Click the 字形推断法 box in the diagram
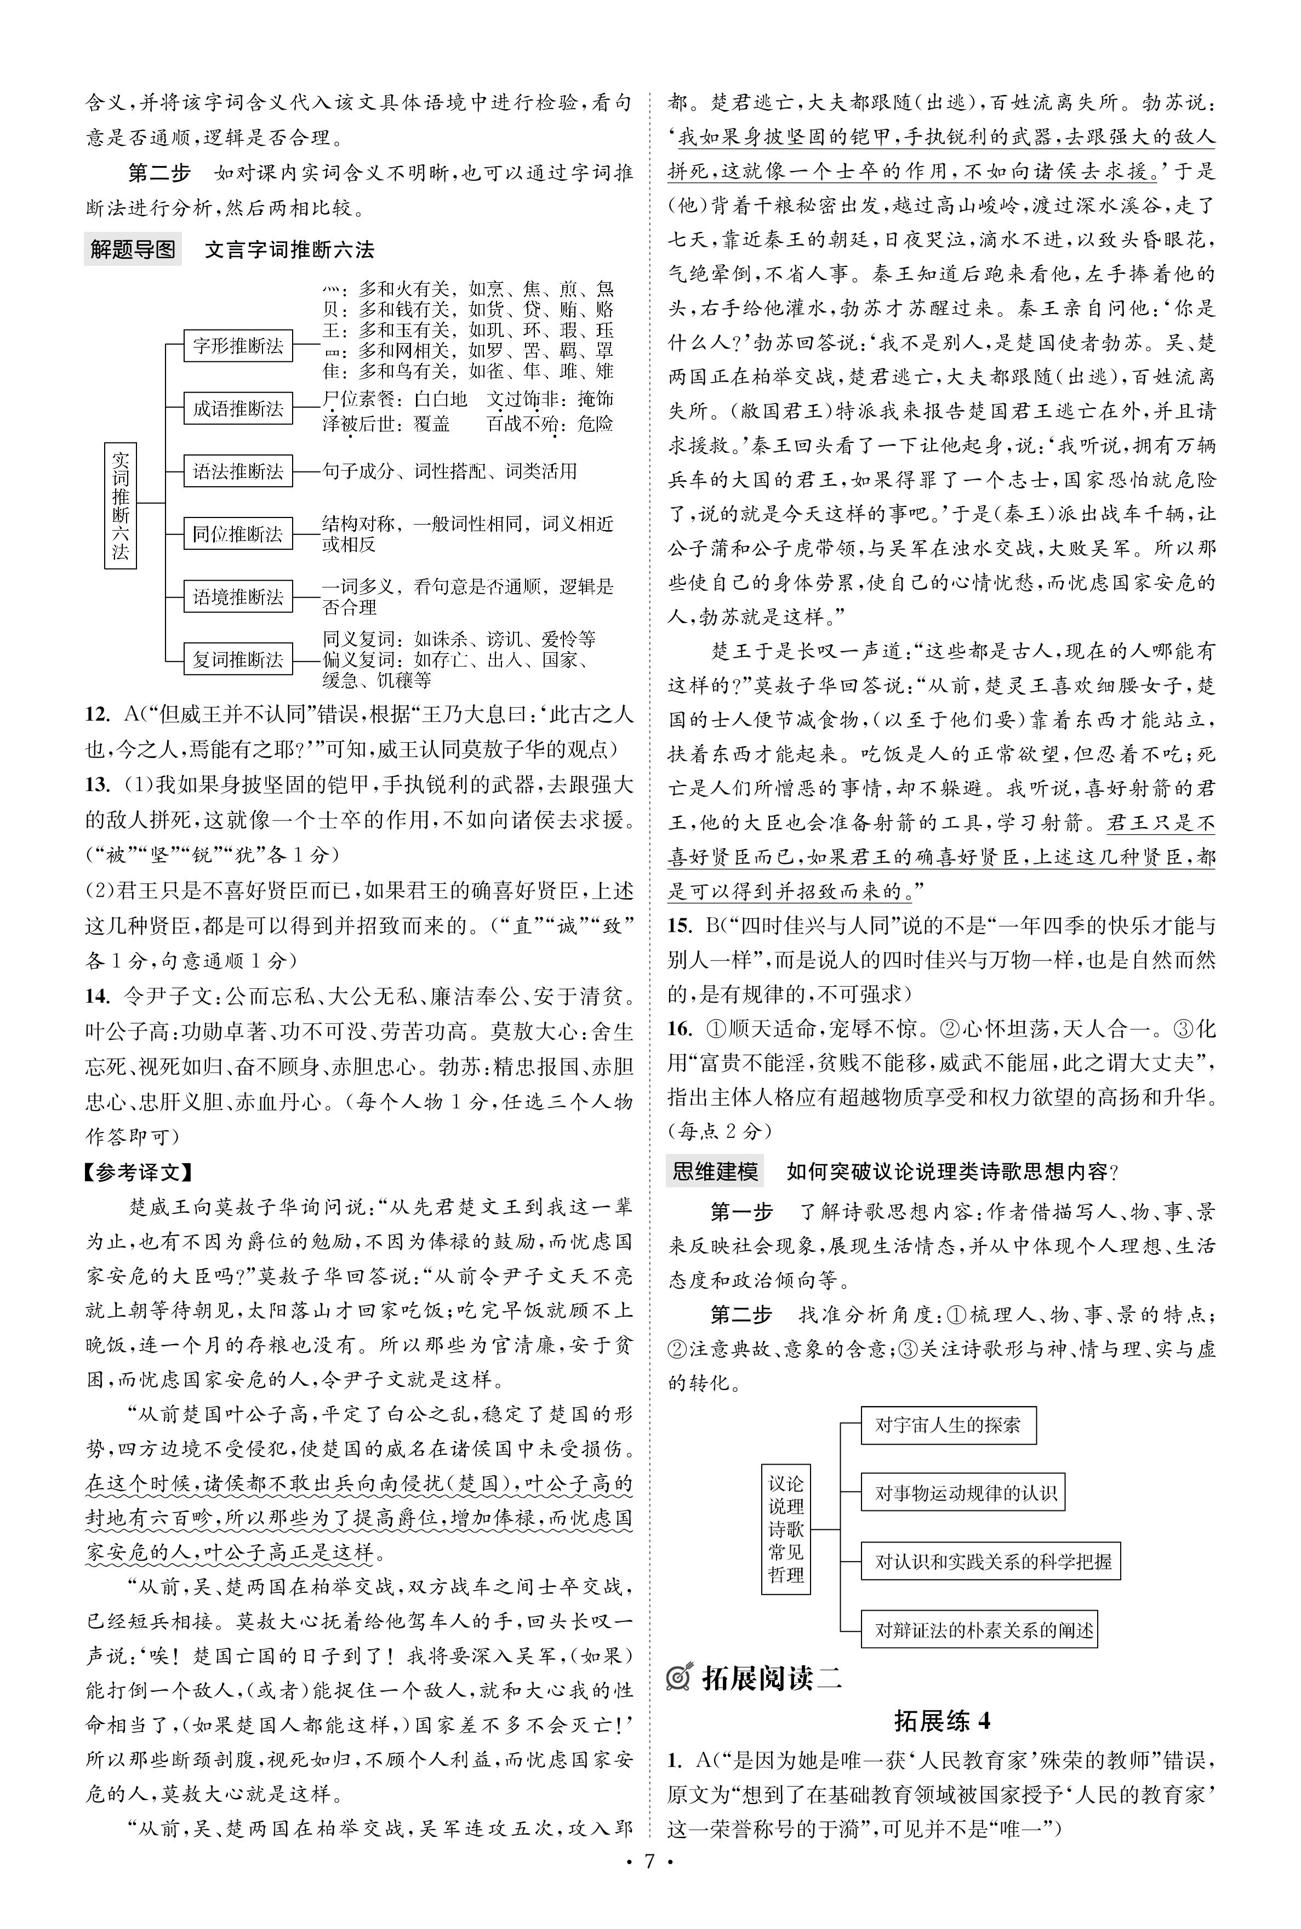238,345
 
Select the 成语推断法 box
238,408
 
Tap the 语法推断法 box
238,471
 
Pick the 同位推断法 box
238,533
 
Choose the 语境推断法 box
238,596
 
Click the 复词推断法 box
238,659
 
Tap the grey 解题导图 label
133,249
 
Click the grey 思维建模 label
715,1171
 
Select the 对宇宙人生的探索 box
948,1425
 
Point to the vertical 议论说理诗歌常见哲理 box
786,1528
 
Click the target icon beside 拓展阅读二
680,1677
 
